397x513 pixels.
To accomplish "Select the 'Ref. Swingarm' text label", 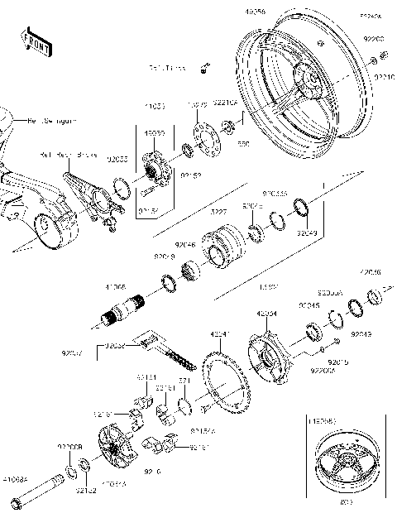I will point(52,121).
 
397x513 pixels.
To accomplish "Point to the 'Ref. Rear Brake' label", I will point(64,154).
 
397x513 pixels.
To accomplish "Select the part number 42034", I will point(266,314).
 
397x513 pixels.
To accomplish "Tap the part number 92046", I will point(185,245).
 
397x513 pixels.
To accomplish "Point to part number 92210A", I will point(227,104).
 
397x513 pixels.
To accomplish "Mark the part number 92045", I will point(309,305).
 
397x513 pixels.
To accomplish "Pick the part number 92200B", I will point(69,447).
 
